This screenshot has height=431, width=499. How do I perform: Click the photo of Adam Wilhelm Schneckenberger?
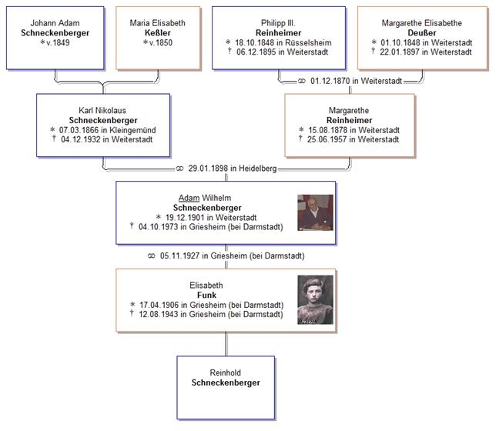click(x=315, y=212)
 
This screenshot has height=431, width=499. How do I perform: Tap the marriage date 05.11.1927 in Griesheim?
click(x=225, y=256)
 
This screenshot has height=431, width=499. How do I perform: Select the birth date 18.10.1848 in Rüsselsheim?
click(x=282, y=43)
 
